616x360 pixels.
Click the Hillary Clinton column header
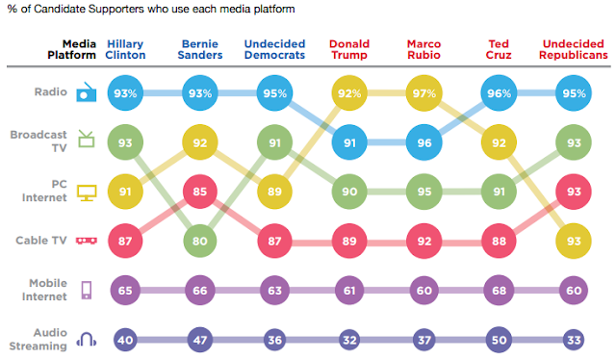click(x=125, y=49)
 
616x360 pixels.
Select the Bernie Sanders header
click(x=200, y=49)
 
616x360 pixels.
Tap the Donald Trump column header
click(x=349, y=49)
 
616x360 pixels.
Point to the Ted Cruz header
click(x=499, y=49)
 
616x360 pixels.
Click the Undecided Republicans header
click(x=574, y=49)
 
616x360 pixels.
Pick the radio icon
click(x=87, y=92)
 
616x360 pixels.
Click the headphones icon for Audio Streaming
click(x=87, y=339)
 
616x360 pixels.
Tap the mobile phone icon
click(x=87, y=290)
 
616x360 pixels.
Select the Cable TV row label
click(x=41, y=240)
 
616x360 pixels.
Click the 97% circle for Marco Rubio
click(x=423, y=93)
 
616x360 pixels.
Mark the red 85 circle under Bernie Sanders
click(x=200, y=192)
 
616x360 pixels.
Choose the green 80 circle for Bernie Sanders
click(x=200, y=241)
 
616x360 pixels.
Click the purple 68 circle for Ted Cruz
click(x=499, y=291)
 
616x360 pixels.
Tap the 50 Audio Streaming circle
click(x=499, y=340)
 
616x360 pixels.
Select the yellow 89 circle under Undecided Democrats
click(x=274, y=192)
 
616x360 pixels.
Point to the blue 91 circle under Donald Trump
click(x=349, y=142)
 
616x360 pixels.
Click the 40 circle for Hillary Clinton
click(x=125, y=340)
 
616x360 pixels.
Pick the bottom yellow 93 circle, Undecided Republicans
click(x=574, y=241)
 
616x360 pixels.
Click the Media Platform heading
click(x=72, y=49)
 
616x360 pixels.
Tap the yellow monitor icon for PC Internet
click(x=87, y=193)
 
